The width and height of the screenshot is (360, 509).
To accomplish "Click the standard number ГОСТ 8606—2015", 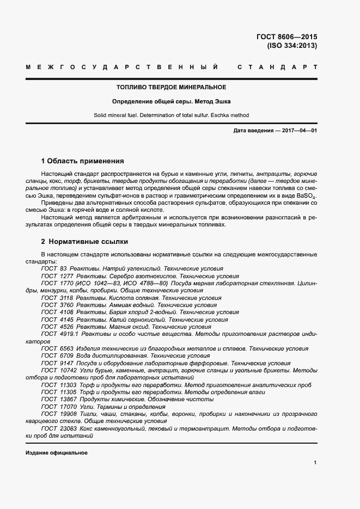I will pos(286,37).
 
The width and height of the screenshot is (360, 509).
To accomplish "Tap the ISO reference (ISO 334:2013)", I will pos(291,46).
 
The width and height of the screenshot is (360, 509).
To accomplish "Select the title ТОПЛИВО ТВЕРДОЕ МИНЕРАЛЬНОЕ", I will pos(172,87).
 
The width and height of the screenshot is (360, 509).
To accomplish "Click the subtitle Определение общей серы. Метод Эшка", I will pos(172,101).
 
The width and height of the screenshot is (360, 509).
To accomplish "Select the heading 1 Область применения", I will pos(82,161).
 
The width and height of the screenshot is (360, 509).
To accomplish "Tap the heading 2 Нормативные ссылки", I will pos(84,241).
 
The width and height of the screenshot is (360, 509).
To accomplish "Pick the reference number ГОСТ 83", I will pos(54,269).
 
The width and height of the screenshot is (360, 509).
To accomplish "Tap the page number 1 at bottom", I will pos(315,463).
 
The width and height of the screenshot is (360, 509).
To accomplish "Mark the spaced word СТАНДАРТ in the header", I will pos(277,68).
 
